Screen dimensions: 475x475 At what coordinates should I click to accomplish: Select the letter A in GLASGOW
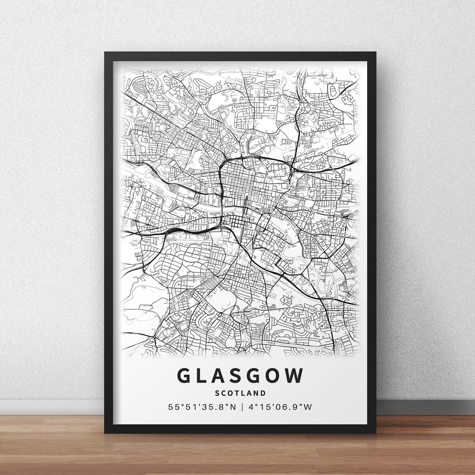point(222,376)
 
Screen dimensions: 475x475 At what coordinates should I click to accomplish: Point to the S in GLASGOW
point(241,376)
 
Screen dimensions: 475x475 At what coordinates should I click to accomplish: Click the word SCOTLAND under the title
point(241,392)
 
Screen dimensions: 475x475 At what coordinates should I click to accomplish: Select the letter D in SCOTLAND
point(263,392)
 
